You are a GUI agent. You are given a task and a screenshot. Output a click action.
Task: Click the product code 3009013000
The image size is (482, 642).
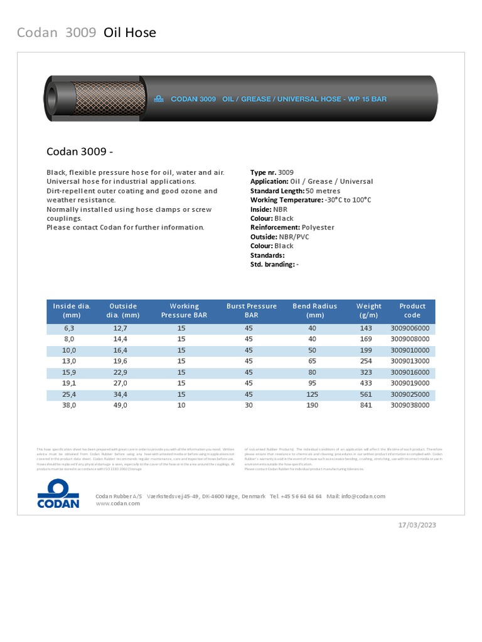pos(410,361)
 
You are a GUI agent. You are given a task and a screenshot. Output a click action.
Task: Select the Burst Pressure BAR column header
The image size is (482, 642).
pos(251,311)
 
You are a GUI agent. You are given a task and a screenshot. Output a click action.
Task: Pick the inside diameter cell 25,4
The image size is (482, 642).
pos(69,394)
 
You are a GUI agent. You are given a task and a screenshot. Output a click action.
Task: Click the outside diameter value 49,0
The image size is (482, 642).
pos(120,405)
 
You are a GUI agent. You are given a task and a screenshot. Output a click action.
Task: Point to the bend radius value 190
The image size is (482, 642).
pos(312,405)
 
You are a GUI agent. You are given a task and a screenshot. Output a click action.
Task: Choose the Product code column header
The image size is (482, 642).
pos(412,311)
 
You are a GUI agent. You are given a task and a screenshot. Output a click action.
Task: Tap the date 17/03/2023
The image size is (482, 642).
pos(417,525)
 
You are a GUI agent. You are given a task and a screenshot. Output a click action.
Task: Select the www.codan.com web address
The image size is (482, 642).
pos(118,503)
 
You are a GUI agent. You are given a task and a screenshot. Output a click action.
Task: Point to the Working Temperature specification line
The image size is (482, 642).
pos(311,200)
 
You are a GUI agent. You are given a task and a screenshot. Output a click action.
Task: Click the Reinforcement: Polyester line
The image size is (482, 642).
pos(292,228)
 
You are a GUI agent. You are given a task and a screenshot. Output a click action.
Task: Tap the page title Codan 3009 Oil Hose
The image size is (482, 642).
pos(87,33)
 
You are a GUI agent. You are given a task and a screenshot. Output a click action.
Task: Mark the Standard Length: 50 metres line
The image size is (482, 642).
pos(295,191)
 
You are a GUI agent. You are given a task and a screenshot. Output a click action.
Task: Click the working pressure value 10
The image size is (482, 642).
pos(181,405)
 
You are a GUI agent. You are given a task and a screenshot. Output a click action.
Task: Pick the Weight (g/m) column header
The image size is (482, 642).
pos(368,311)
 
